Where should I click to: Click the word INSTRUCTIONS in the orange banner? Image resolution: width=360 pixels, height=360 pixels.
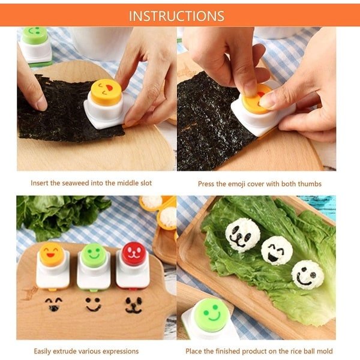pos(176,16)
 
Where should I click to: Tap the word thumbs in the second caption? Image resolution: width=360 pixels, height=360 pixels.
pos(310,184)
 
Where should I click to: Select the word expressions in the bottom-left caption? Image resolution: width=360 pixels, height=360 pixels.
pos(121,352)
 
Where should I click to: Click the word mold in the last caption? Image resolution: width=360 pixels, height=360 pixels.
pos(324,351)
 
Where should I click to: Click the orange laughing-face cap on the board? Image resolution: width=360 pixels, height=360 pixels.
pos(52,254)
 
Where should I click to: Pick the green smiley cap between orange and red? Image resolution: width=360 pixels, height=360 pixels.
pos(94,255)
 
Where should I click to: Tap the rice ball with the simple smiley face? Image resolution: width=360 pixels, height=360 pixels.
pos(307,274)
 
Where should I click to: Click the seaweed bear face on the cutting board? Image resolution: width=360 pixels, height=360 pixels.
pos(134,305)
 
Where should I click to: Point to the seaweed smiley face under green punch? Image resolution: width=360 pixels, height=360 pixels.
pos(93,304)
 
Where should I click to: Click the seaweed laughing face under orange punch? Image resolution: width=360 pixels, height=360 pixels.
pos(53,304)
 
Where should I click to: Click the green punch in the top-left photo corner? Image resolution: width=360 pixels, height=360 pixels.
pos(36,46)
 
